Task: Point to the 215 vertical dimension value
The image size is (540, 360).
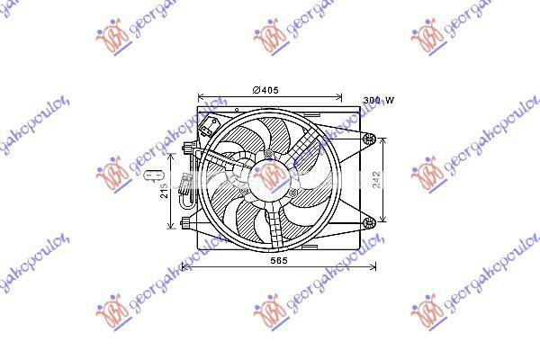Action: pyautogui.click(x=166, y=191)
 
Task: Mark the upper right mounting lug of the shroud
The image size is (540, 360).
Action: pyautogui.click(x=368, y=138)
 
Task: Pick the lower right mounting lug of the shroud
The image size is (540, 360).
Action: pyautogui.click(x=368, y=222)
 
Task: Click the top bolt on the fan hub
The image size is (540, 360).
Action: pyautogui.click(x=269, y=155)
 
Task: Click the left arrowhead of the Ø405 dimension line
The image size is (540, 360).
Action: pyautogui.click(x=201, y=96)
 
